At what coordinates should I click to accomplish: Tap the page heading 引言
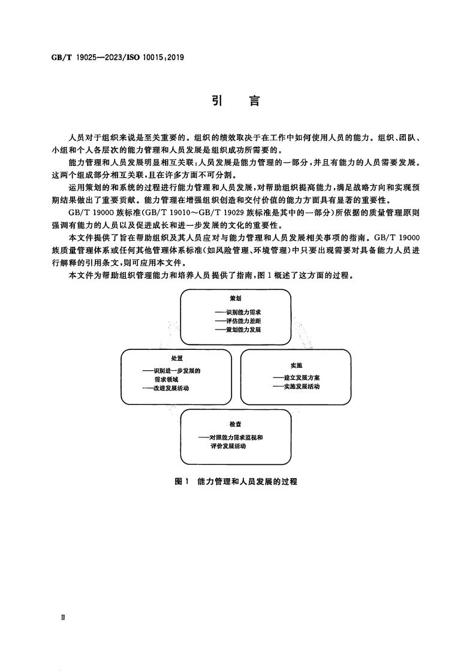tap(236, 102)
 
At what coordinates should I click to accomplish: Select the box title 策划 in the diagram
tap(236, 298)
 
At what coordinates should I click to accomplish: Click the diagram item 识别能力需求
tap(243, 312)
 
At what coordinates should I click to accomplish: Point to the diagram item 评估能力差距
tap(243, 321)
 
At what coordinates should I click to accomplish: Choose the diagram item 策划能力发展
tap(243, 330)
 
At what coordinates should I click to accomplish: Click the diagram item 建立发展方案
tap(302, 378)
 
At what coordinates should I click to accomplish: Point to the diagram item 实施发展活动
tap(302, 387)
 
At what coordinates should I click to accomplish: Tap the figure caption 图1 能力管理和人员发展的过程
tap(236, 481)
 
